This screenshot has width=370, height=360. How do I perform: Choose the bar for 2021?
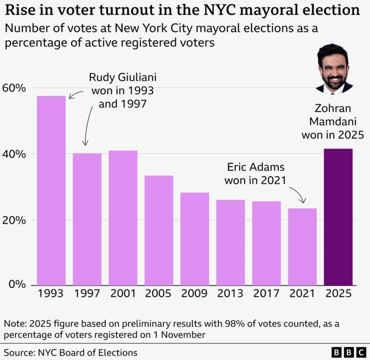(x=302, y=247)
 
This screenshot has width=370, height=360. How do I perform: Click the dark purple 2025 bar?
(x=338, y=216)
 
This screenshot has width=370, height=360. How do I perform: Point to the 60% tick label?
(x=14, y=88)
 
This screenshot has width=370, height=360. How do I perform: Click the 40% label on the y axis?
(x=14, y=154)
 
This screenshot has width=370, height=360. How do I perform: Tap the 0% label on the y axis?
(x=17, y=284)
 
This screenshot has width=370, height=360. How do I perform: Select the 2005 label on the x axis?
(x=158, y=294)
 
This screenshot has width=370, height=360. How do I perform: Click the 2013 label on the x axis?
(x=230, y=294)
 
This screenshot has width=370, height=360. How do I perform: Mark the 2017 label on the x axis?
(x=266, y=294)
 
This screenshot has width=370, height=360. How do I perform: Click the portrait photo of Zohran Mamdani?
(x=335, y=68)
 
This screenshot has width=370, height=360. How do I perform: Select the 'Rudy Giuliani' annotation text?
(x=123, y=77)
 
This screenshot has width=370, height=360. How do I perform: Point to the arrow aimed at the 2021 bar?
(x=297, y=193)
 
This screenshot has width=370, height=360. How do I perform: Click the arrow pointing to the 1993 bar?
(x=76, y=94)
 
